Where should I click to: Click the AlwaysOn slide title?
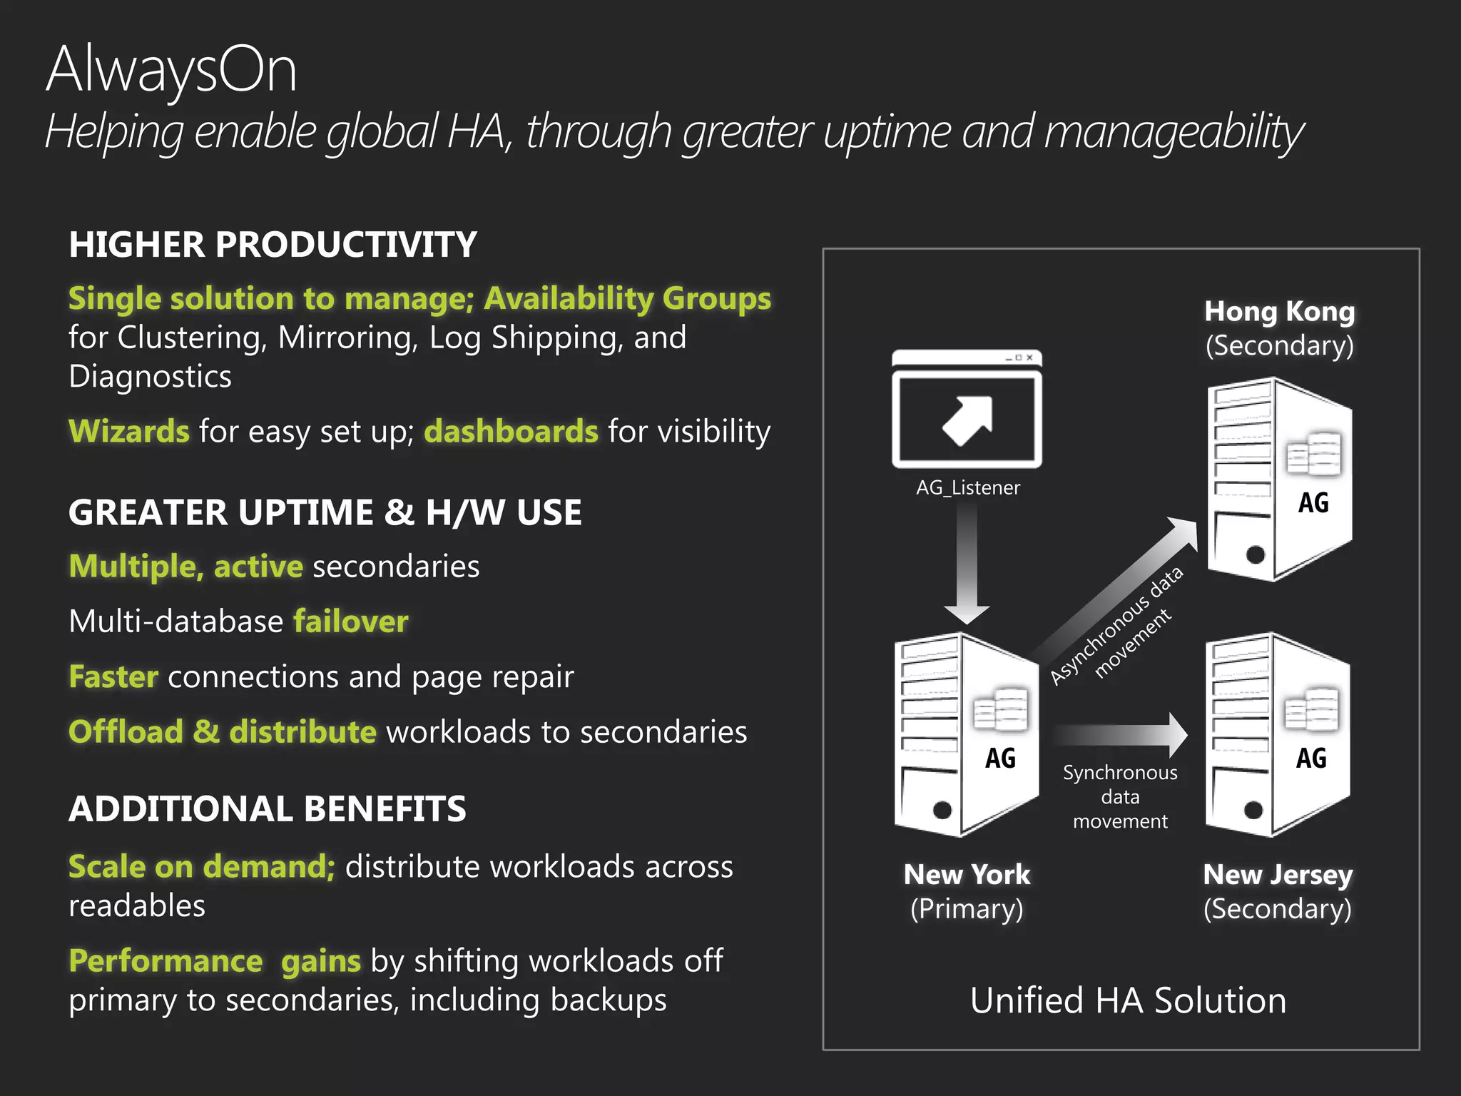point(171,70)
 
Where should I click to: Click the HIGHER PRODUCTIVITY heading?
point(273,245)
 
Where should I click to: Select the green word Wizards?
point(129,432)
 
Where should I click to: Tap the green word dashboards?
point(511,432)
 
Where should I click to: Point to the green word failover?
point(351,621)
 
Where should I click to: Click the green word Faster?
point(113,676)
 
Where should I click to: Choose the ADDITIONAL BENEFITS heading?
point(268,809)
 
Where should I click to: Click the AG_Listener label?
point(968,488)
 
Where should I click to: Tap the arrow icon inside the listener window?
point(967,420)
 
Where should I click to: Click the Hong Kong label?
point(1279,312)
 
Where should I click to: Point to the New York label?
point(967,875)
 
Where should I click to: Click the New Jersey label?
point(1278,875)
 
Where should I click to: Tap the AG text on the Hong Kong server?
point(1313,503)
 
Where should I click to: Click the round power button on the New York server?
point(942,810)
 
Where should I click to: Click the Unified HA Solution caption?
point(1128,1000)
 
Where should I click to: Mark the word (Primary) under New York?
point(967,909)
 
